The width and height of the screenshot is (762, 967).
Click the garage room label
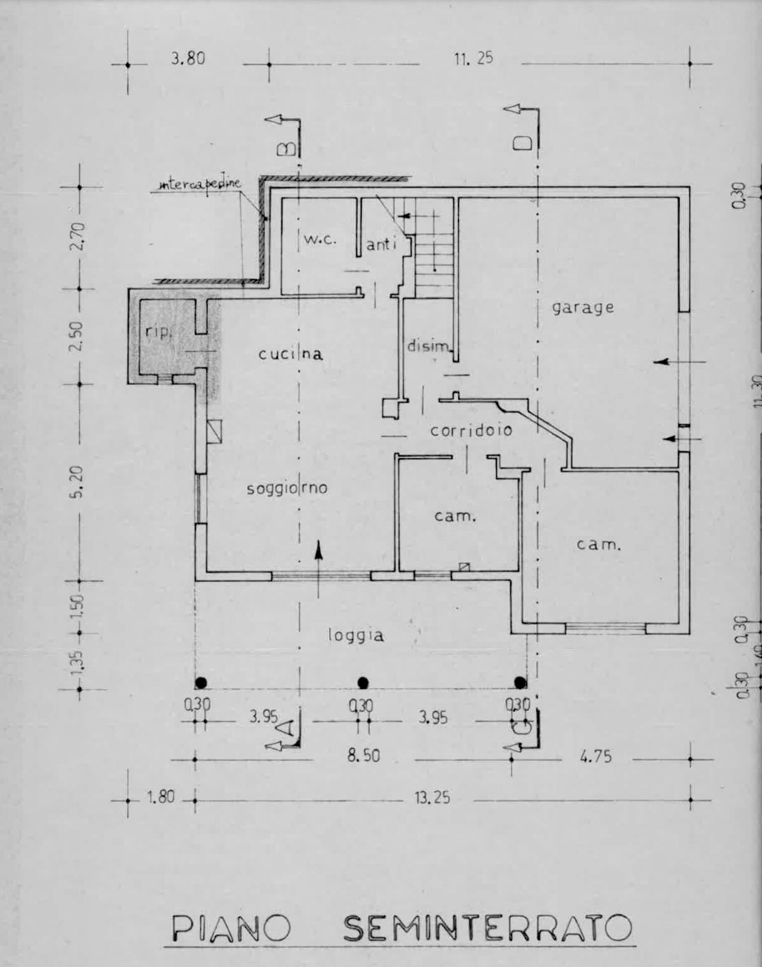coord(583,308)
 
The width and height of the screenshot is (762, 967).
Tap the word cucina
coord(290,354)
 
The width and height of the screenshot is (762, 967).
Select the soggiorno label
coord(287,488)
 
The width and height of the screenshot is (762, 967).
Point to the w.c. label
coord(320,239)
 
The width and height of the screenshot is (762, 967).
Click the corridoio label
coord(471,431)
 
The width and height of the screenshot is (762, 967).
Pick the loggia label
coord(356,635)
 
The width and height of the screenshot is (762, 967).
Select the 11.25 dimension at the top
coord(473,58)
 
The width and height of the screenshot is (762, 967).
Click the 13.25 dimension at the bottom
coord(432,798)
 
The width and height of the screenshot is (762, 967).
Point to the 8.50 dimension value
coord(363,755)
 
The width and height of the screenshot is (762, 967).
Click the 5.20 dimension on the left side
coord(77,482)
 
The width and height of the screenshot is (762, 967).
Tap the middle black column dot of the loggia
coord(363,683)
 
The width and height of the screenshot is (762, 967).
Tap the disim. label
coord(427,346)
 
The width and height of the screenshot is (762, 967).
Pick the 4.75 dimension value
coord(595,756)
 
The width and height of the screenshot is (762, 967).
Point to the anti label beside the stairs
coord(381,245)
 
